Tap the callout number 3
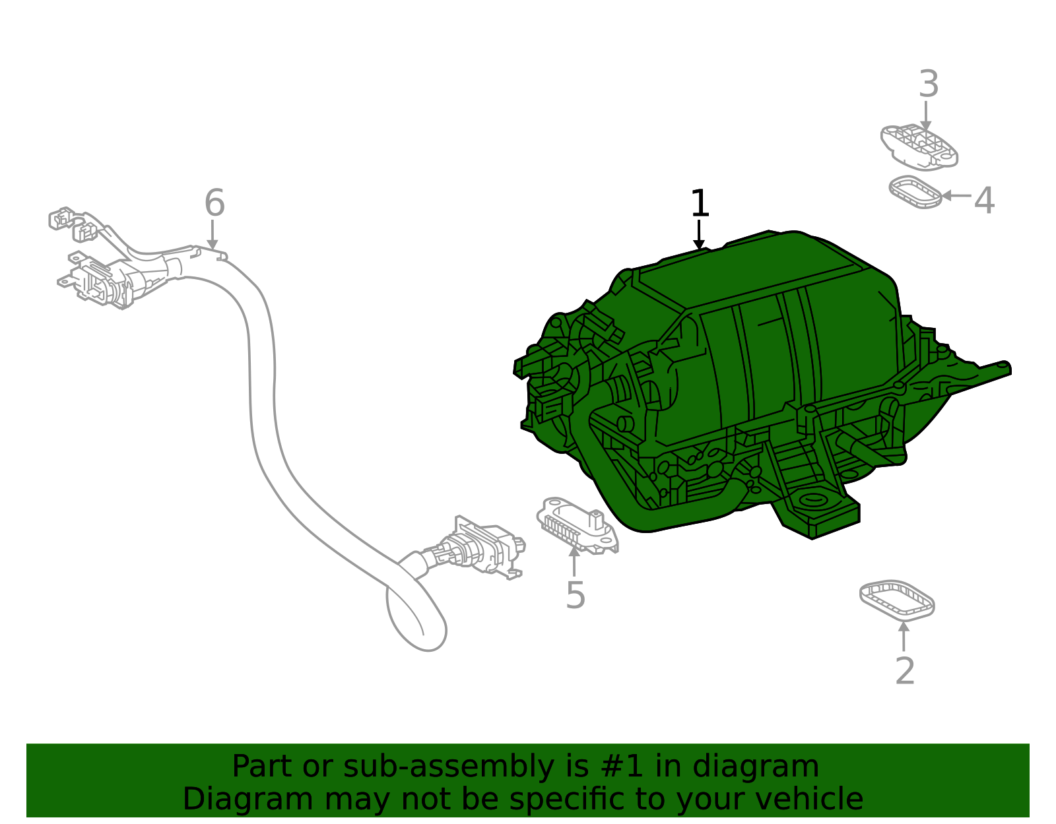[929, 84]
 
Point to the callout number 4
[984, 200]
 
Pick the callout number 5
[576, 595]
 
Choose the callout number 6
[214, 203]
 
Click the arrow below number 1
[699, 236]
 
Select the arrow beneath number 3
[926, 116]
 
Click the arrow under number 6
[212, 236]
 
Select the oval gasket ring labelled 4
[915, 192]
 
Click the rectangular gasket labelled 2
[897, 600]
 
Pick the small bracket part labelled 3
[919, 146]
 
